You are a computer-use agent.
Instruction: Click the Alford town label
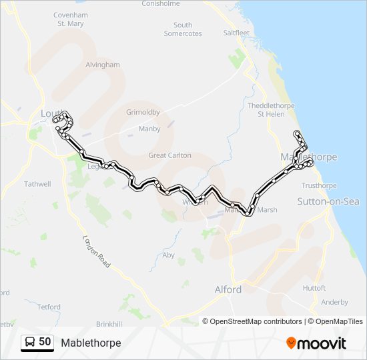(x=228, y=289)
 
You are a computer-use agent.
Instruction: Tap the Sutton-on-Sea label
(x=328, y=201)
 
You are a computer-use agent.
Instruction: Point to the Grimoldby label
(x=143, y=112)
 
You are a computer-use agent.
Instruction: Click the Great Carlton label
(x=169, y=155)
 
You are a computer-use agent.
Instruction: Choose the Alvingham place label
(x=102, y=65)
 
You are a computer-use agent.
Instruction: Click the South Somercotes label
(x=183, y=29)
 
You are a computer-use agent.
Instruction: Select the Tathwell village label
(x=37, y=183)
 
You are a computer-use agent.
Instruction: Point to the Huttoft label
(x=314, y=288)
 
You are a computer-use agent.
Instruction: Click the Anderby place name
(x=334, y=302)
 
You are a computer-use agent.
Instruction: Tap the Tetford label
(x=49, y=307)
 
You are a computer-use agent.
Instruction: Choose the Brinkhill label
(x=109, y=323)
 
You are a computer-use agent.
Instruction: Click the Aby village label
(x=169, y=255)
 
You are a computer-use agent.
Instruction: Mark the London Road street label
(x=95, y=247)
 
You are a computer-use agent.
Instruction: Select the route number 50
(x=45, y=342)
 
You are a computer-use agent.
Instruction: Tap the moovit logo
(x=317, y=343)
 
